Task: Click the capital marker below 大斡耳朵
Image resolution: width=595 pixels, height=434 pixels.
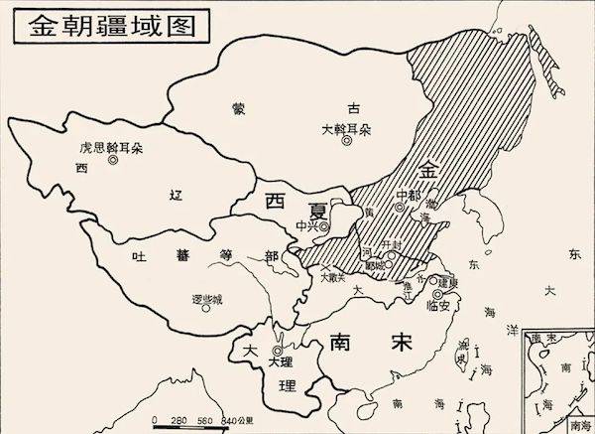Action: coord(346,142)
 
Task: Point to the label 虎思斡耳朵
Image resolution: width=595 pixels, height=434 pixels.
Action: coord(112,147)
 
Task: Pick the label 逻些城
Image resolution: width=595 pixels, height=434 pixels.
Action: coord(206,298)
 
